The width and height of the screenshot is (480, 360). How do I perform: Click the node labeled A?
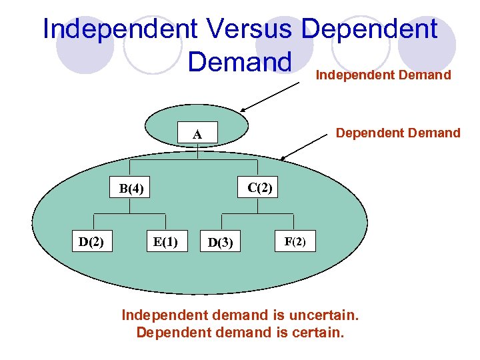(x=197, y=135)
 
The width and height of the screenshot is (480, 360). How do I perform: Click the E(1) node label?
(x=165, y=241)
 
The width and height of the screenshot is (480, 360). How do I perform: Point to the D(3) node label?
(x=221, y=243)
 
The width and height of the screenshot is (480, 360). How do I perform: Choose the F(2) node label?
(x=295, y=241)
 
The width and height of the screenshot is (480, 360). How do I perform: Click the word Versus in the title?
(x=249, y=29)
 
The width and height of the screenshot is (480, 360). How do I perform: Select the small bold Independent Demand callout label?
(x=383, y=75)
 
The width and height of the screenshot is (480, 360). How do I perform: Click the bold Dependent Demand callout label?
(x=398, y=133)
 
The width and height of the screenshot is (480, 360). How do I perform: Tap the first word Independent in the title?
(x=120, y=29)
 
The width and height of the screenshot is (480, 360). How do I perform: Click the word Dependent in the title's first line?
(x=370, y=29)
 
